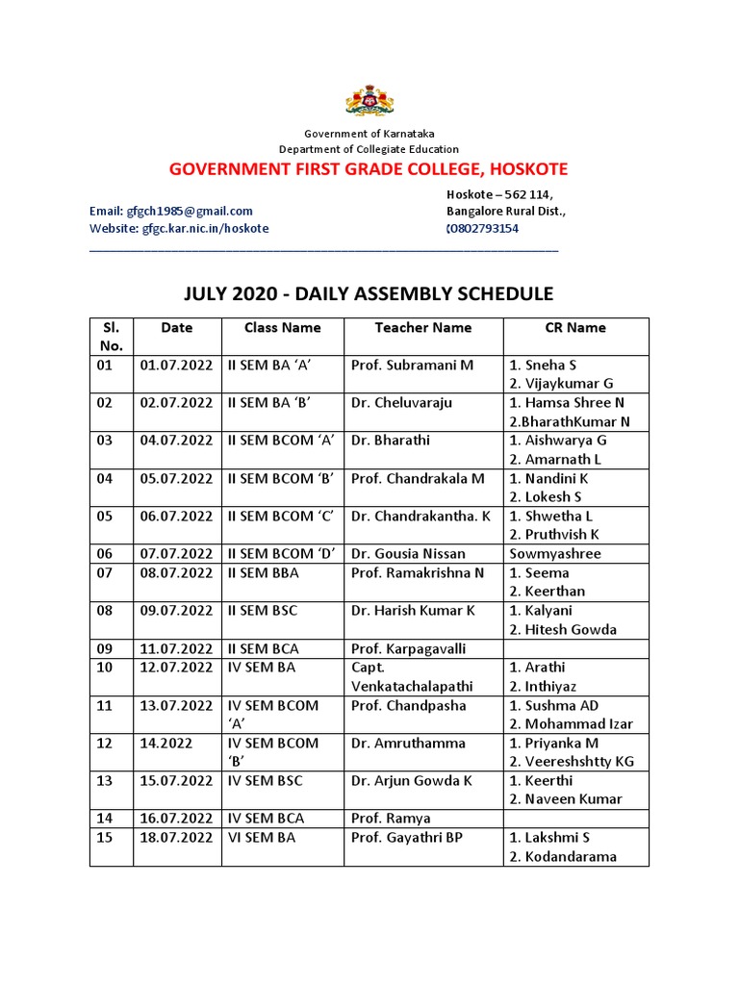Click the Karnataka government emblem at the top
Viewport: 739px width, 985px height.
pos(369,101)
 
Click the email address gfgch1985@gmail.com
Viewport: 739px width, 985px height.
pos(171,212)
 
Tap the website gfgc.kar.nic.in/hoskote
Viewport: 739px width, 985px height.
pos(179,229)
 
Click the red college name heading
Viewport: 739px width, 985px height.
pos(369,170)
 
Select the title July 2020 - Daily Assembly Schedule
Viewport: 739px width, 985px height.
pos(369,293)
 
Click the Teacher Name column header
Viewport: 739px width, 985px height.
pos(422,328)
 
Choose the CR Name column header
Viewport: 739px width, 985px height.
pos(574,328)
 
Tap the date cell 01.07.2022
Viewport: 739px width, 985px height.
pos(176,366)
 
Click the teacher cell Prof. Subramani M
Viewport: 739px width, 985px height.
pos(412,366)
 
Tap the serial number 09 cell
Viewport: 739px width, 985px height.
pos(105,648)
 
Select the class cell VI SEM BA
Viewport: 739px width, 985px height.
pos(262,838)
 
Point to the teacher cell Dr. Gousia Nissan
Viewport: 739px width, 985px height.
pos(408,553)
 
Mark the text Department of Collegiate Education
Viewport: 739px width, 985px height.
pos(369,149)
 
